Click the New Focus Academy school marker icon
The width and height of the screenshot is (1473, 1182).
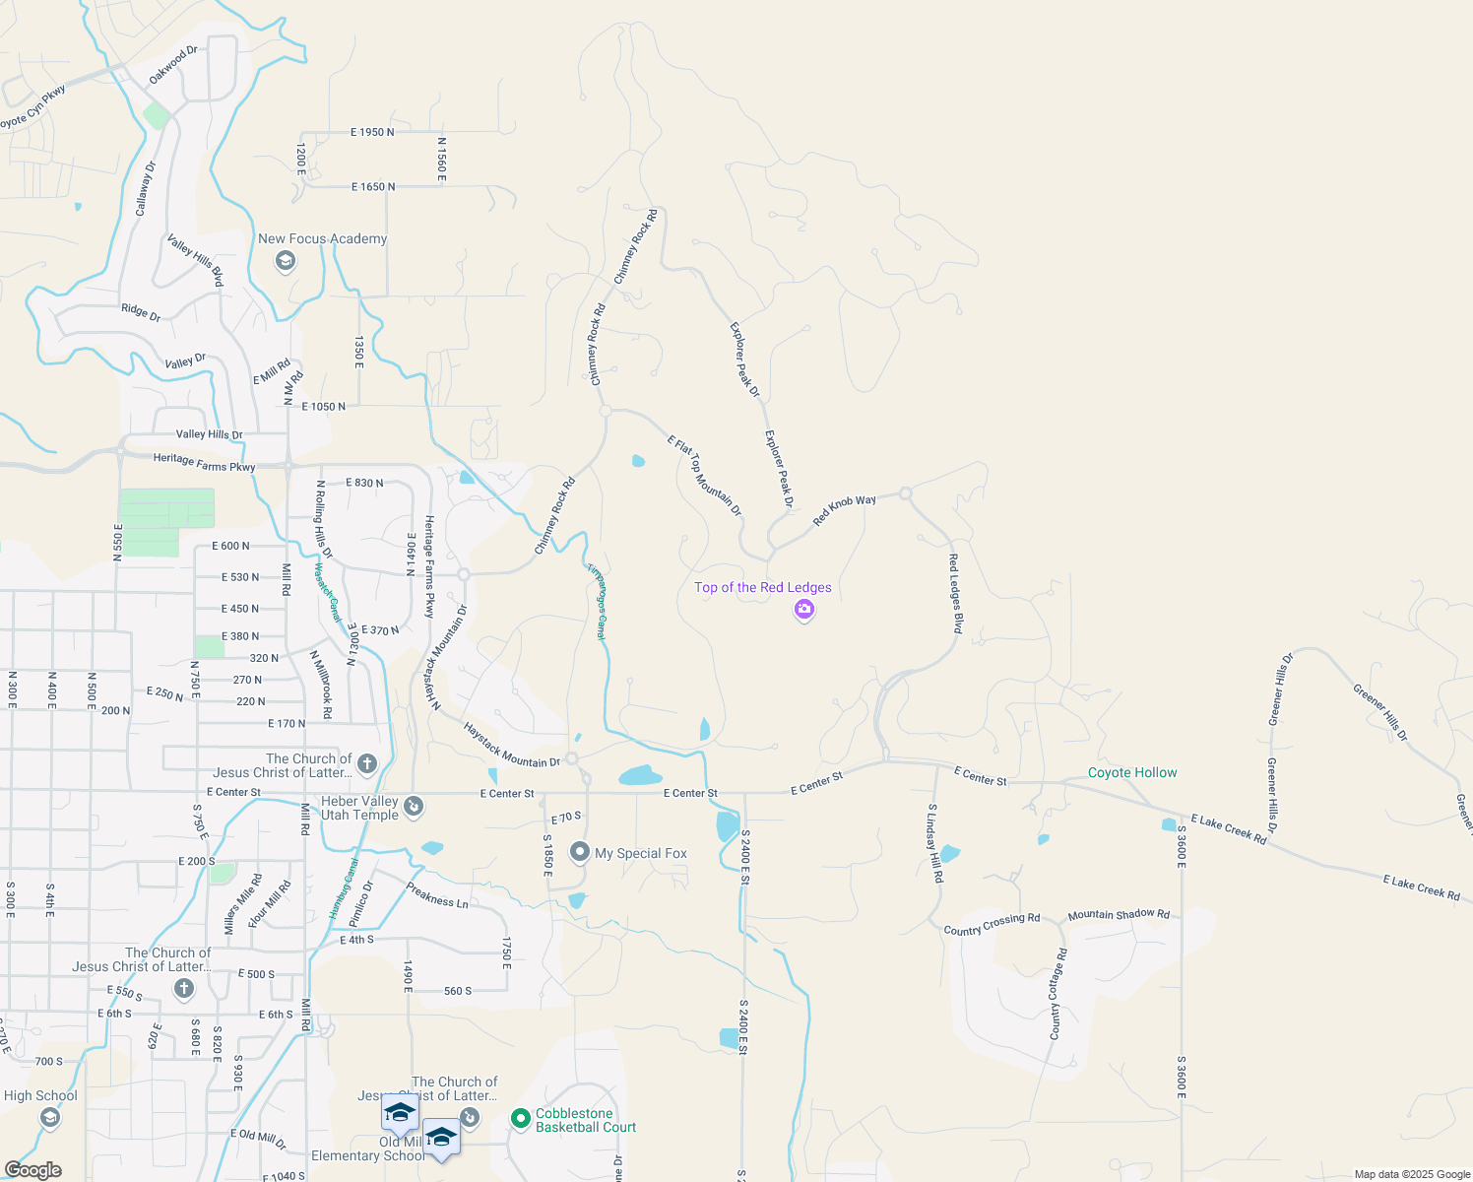point(286,261)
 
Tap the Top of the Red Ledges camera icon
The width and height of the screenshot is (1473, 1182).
point(804,611)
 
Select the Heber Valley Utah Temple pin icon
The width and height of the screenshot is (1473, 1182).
point(414,807)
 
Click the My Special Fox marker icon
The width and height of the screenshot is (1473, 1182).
point(580,852)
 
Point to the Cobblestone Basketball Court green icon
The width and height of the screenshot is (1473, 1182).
point(520,1119)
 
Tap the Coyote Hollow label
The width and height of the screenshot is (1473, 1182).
point(1132,773)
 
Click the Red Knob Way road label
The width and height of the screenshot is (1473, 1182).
point(844,509)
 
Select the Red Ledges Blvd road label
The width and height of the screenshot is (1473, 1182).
point(954,593)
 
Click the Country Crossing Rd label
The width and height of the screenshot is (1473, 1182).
point(992,924)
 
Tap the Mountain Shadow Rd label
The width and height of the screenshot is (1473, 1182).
point(1119,915)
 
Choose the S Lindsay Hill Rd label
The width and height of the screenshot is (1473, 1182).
point(934,842)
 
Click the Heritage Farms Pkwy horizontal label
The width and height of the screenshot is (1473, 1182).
point(204,462)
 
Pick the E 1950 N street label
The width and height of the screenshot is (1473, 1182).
point(372,132)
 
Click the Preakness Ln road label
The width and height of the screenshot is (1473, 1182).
point(437,895)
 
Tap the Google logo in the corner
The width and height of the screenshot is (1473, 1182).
point(32,1170)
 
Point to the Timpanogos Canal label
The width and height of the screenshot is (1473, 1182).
point(596,602)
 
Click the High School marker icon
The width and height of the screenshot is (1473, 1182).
point(49,1118)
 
